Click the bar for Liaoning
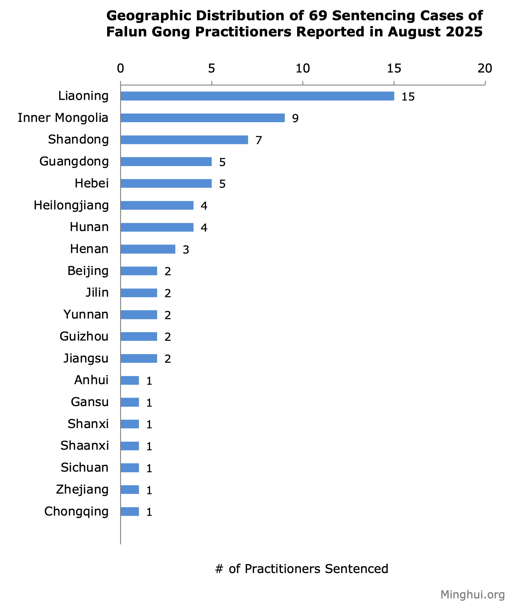tap(257, 96)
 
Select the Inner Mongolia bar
tap(202, 118)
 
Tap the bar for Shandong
tap(184, 140)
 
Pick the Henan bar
tap(148, 249)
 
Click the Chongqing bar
tap(130, 512)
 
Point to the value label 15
tap(408, 97)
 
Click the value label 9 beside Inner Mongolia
tap(295, 119)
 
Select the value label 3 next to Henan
tap(186, 250)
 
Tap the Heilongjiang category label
tap(71, 205)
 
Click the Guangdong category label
tap(74, 161)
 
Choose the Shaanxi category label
tap(85, 446)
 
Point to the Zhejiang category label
tap(82, 490)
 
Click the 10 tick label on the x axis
tap(303, 68)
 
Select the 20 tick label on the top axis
tap(485, 68)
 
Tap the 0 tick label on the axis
tap(120, 68)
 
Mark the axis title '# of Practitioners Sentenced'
tap(301, 569)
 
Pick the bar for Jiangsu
tap(139, 358)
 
